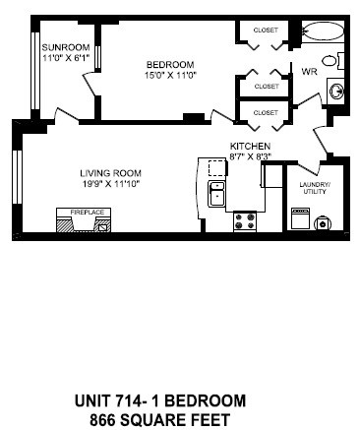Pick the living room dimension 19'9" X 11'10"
(x=109, y=184)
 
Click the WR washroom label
(x=308, y=72)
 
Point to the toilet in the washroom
(x=338, y=61)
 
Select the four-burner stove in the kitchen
(x=245, y=219)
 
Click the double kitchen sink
(x=216, y=192)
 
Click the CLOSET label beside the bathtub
(x=266, y=31)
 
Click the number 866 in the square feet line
(x=107, y=418)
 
